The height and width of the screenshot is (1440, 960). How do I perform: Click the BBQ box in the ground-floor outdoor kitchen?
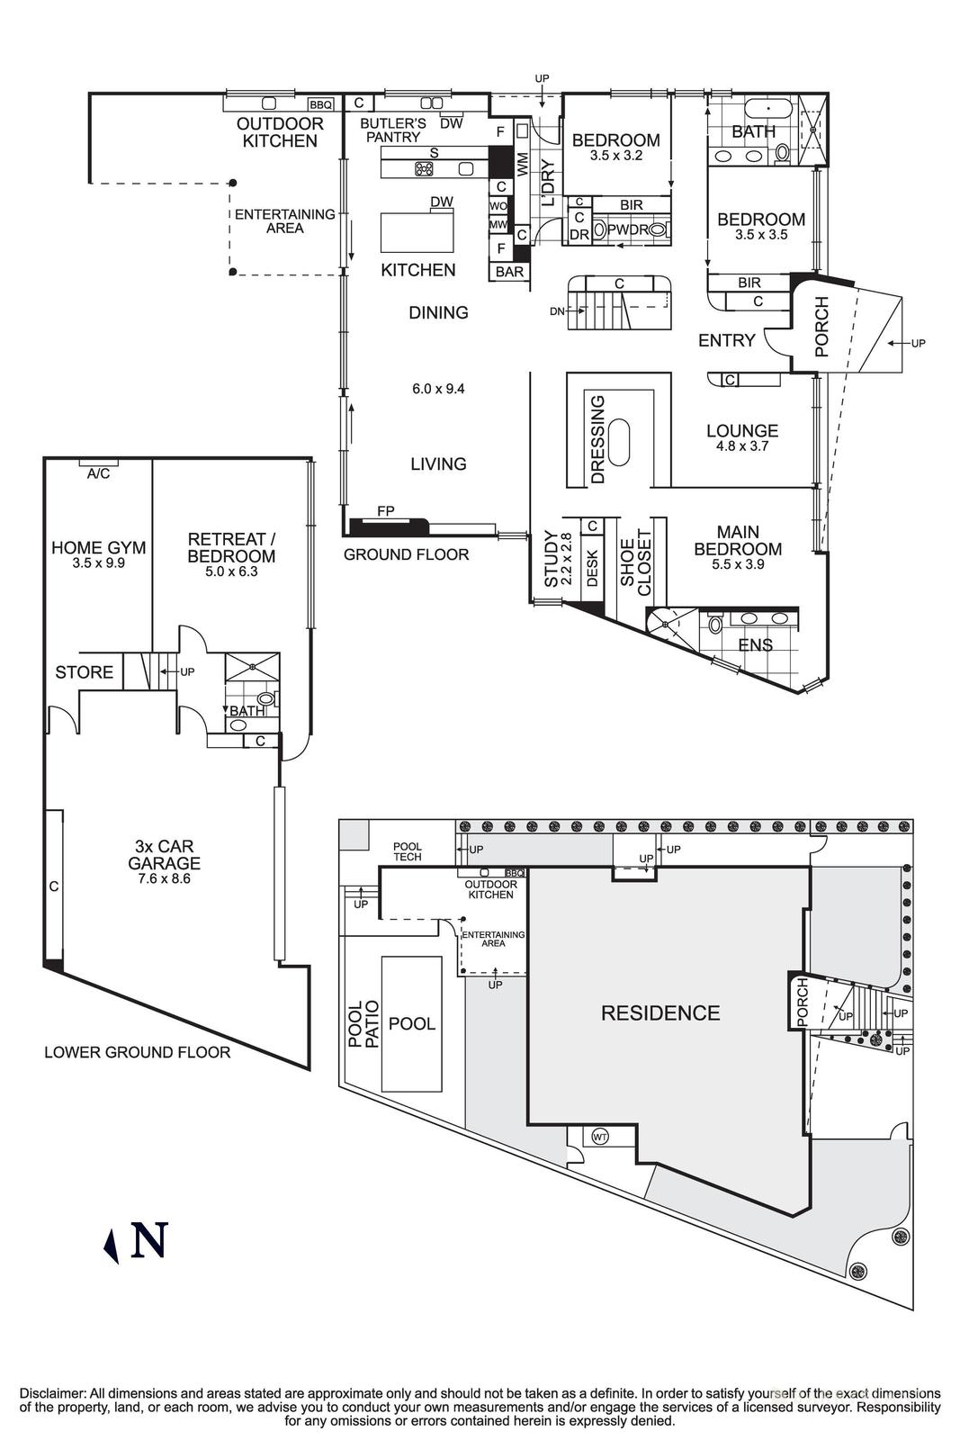point(321,104)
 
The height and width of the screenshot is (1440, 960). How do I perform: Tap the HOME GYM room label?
point(98,548)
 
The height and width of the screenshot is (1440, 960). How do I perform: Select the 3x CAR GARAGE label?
point(164,855)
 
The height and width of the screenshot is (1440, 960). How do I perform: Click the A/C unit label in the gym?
point(98,473)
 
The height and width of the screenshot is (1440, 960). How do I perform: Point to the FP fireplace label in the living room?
point(385,511)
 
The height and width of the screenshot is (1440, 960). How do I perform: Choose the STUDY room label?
point(552,559)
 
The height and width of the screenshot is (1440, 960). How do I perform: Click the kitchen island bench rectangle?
point(417,233)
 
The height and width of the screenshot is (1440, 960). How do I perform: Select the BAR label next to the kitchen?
point(509,271)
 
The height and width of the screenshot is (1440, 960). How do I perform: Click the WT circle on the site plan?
point(600,1137)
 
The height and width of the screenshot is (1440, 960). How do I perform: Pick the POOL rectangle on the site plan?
point(412,1024)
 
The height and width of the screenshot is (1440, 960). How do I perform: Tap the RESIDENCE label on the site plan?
point(660,1013)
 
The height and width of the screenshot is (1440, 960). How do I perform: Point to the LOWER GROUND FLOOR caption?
point(137,1052)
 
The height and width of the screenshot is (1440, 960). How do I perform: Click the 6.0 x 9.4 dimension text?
point(438,389)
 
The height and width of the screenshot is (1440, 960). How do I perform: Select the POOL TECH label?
point(408,851)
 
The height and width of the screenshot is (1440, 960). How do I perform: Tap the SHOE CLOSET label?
point(635,563)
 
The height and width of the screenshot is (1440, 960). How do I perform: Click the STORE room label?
point(84,672)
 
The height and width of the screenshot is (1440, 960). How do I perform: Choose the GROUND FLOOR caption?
point(406,554)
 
